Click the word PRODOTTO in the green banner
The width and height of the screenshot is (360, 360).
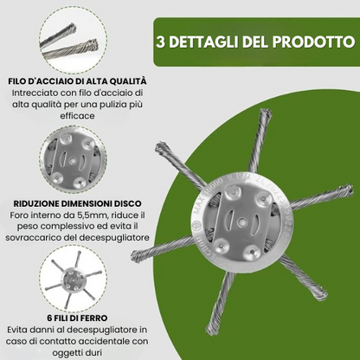click(x=313, y=42)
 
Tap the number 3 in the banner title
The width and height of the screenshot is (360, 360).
click(x=160, y=42)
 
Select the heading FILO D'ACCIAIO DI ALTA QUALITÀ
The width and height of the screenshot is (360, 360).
click(x=77, y=81)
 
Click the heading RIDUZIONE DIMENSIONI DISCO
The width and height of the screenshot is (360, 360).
click(x=77, y=203)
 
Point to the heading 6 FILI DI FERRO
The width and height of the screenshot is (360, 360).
click(x=77, y=318)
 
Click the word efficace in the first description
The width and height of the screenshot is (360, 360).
click(x=77, y=116)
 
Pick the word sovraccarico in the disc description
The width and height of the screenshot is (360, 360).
click(x=33, y=238)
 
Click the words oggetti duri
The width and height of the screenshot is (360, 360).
click(x=77, y=353)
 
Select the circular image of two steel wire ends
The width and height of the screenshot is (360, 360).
click(x=74, y=40)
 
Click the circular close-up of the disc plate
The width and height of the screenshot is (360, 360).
click(x=74, y=162)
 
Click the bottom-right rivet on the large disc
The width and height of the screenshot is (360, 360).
click(x=252, y=253)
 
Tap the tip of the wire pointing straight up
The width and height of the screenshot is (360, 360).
click(x=264, y=113)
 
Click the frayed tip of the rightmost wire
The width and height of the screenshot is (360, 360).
click(x=347, y=191)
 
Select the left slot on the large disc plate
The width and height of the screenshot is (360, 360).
click(x=231, y=222)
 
